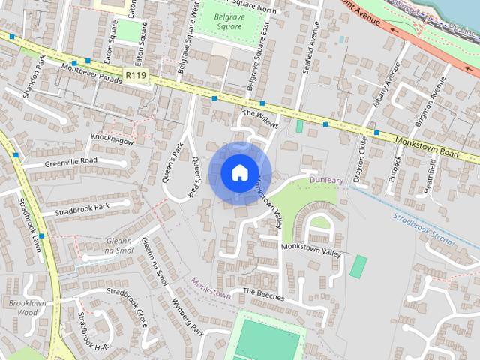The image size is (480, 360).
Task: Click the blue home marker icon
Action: tap(239, 172)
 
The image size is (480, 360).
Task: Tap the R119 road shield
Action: tap(136, 75)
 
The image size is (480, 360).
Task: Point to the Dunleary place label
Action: tap(325, 180)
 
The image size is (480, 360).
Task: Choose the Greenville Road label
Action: tap(71, 162)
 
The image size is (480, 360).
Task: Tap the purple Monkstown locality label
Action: tap(211, 289)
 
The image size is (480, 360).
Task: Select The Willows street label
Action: tap(259, 119)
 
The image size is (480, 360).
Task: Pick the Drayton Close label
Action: tap(361, 157)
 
